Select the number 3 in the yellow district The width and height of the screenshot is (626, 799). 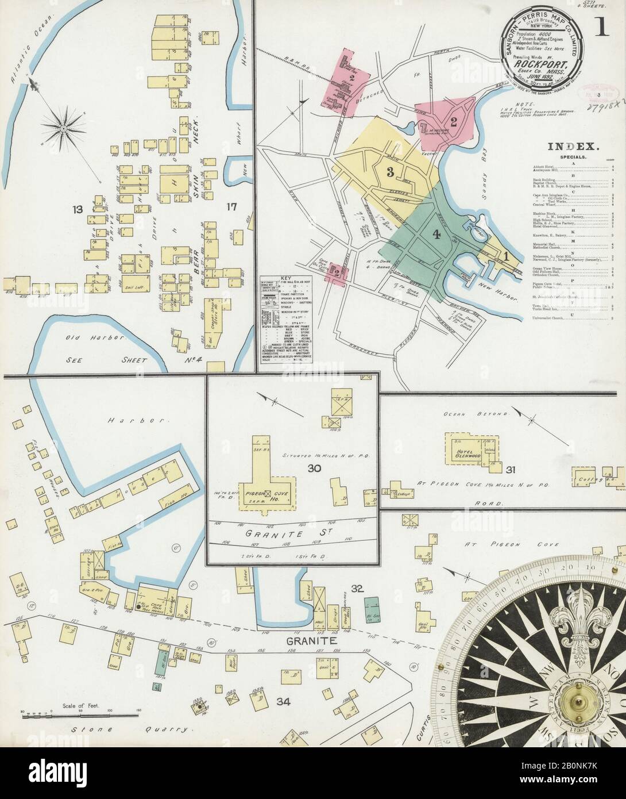tap(390, 171)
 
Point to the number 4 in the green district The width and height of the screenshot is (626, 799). tap(436, 234)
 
